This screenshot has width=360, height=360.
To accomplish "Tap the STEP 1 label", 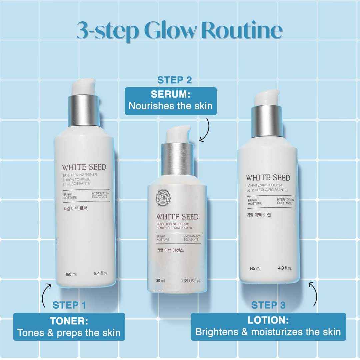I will coord(69,305).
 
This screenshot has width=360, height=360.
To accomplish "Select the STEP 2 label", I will coord(175,80).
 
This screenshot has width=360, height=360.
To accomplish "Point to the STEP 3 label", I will coord(268,305).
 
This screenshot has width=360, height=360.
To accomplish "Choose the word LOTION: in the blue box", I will coord(268,320).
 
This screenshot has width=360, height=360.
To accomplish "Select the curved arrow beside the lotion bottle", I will coord(313,293).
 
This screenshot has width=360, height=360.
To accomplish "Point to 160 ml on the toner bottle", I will coord(71,274).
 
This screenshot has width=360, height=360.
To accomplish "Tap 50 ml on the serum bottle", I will coord(161,281).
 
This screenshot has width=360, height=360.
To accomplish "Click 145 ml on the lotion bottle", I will coord(255,268).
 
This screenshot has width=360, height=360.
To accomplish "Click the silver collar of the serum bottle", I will coord(174,156).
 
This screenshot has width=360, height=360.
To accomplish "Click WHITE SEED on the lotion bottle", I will coord(268,178).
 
